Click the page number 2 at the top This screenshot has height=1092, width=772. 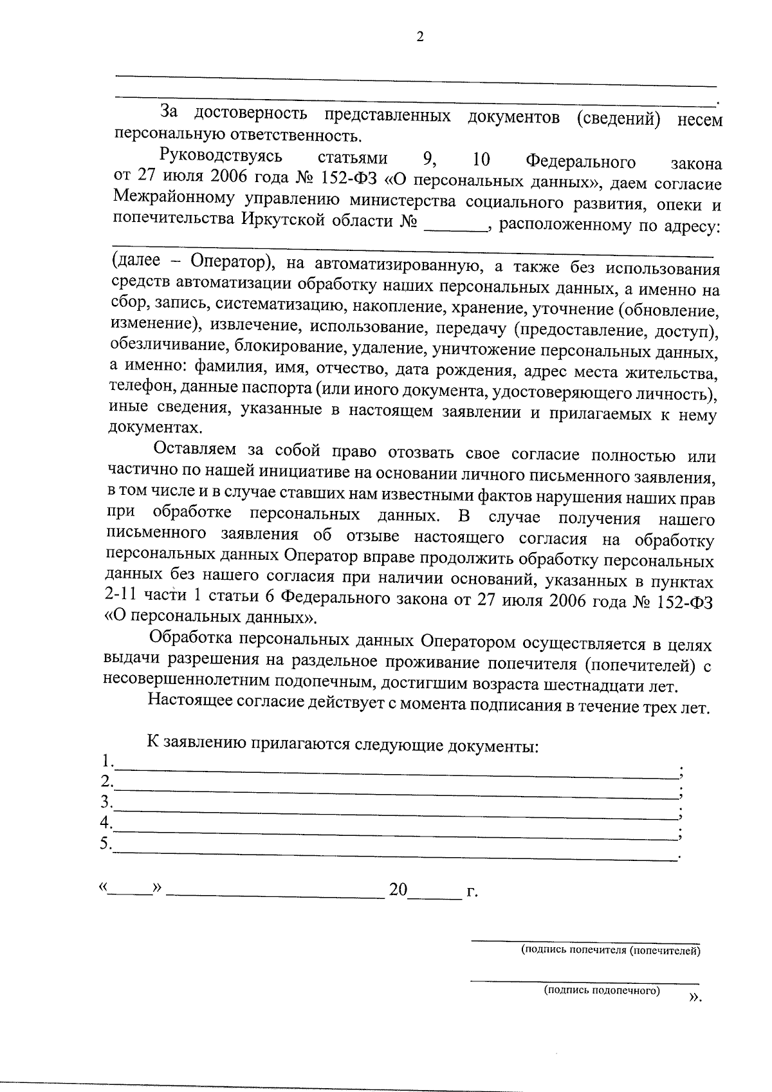[x=420, y=37]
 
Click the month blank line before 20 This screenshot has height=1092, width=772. [x=277, y=894]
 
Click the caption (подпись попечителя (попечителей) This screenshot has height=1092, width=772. [x=610, y=950]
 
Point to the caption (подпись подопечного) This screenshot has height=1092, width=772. [x=602, y=990]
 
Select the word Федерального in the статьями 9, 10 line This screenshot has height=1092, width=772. [x=580, y=162]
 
